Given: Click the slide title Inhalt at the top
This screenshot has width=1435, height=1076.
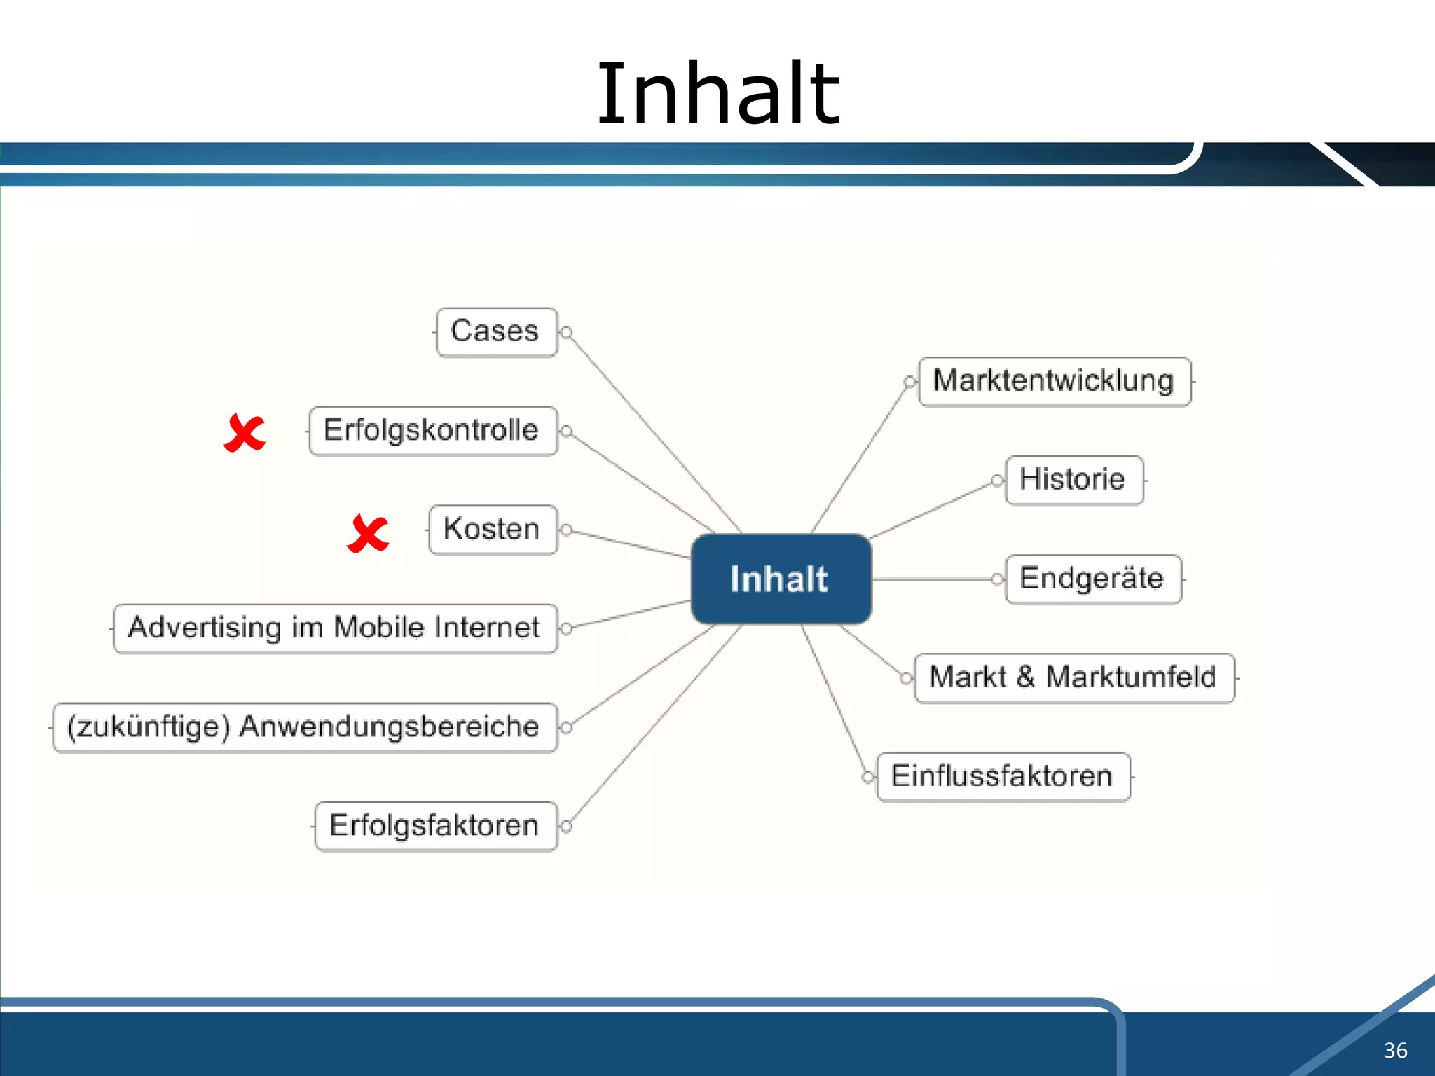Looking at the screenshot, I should coord(717,95).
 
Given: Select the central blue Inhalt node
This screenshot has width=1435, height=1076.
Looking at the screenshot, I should coord(781,579).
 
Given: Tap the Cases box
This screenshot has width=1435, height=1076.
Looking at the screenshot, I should coord(496,332).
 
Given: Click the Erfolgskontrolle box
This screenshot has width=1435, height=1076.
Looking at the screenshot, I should coord(432,431).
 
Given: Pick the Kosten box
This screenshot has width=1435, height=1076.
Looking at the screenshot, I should coord(493,530).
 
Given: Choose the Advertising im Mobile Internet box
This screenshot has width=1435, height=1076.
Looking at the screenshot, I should coord(335,628).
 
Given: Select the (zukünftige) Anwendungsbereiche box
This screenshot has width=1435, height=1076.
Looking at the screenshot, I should coord(304,727).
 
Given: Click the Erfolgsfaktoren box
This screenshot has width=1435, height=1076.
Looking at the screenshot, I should coord(435,826).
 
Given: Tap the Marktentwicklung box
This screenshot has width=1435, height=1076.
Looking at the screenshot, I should coord(1054,382).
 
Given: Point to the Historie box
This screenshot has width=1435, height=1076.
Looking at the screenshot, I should coord(1073,481).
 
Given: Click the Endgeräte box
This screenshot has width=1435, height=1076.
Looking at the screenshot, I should coord(1092,579).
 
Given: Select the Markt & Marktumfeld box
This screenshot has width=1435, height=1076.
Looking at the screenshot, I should coord(1073,678).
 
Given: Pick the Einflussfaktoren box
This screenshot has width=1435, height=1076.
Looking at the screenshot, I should coord(1003,777).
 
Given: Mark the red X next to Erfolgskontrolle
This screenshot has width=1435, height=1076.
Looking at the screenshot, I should coord(245,433).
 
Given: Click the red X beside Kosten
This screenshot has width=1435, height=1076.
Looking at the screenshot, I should coord(368,534).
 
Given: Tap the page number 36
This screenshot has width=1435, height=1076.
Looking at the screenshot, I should coord(1395,1050).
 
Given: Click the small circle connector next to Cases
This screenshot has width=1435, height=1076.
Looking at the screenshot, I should coord(567,332).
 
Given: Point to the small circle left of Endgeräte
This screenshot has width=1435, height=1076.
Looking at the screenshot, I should coord(997,579).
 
